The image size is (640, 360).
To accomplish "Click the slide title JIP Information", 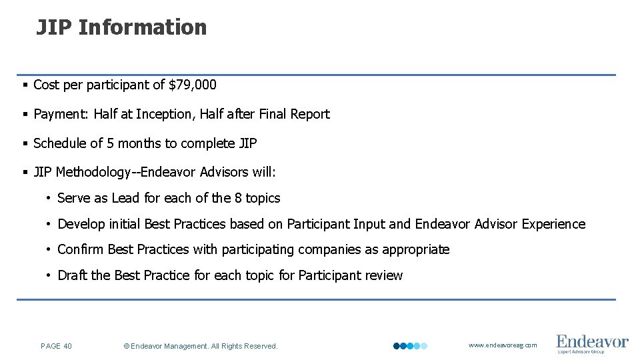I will (121, 27).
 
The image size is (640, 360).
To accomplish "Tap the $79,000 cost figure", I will (193, 85).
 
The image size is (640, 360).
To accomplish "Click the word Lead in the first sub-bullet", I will (125, 198).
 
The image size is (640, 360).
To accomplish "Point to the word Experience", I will (553, 224).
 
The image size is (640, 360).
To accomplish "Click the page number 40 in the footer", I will (67, 346).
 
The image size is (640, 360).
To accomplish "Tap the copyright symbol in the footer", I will (127, 346).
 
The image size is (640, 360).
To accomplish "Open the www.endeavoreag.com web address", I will (502, 345).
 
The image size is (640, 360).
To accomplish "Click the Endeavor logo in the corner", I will (592, 343).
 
